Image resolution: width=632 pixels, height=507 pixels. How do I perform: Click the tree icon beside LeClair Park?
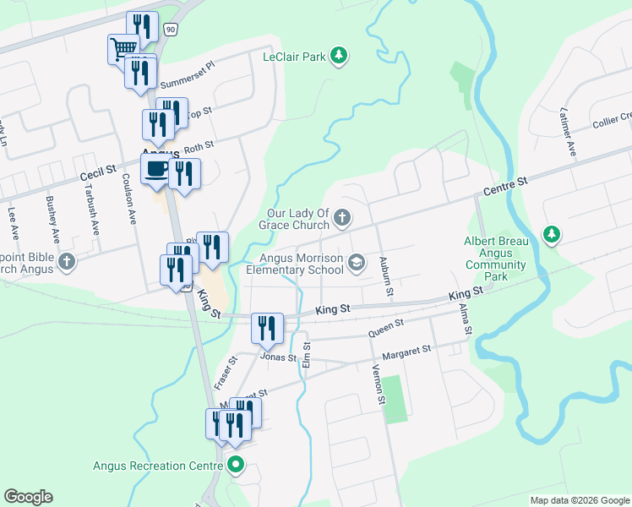click(339, 56)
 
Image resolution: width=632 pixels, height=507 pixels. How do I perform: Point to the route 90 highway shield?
click(171, 30)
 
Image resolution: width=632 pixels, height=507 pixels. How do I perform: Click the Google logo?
click(28, 497)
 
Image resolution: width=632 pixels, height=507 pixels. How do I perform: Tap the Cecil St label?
click(98, 171)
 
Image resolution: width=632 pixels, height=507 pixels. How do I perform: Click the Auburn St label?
click(386, 276)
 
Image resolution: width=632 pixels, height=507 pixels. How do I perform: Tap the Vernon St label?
click(378, 384)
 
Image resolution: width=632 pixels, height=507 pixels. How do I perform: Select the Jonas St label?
click(279, 357)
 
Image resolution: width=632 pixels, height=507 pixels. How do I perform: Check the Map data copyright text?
click(579, 500)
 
